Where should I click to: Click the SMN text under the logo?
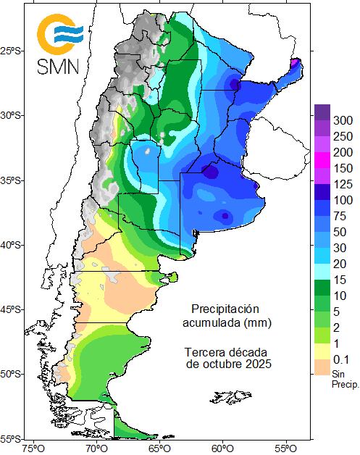(60, 67)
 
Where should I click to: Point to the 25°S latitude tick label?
(12, 51)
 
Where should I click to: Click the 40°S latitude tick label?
(12, 245)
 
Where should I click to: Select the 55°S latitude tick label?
(12, 439)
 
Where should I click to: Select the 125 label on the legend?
(343, 183)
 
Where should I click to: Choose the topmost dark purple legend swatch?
(322, 112)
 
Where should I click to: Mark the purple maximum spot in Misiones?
(295, 63)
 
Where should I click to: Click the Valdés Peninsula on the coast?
(172, 277)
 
